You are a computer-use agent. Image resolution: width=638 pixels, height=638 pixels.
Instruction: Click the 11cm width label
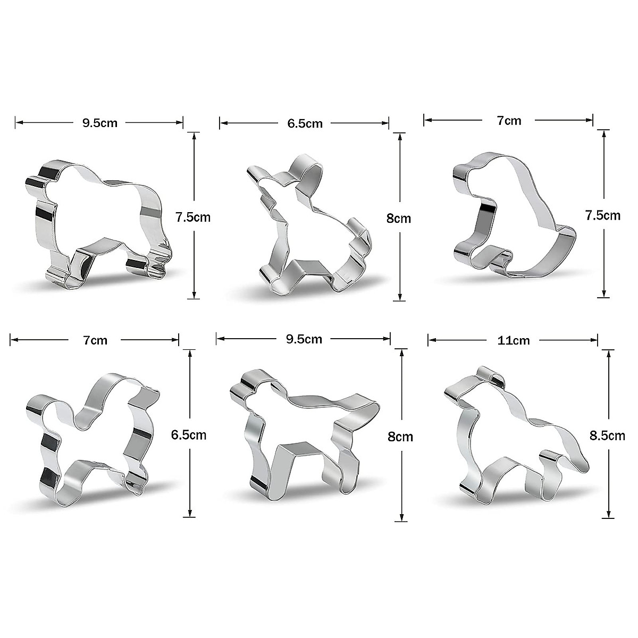coord(514,340)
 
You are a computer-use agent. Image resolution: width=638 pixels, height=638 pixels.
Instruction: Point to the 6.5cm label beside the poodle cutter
coord(189,435)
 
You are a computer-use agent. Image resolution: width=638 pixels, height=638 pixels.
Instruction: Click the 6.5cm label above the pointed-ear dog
coord(305,123)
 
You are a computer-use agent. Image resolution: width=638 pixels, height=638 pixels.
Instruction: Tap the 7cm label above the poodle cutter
coord(95,340)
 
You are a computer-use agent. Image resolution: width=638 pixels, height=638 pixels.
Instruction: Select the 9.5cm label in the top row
coord(99,123)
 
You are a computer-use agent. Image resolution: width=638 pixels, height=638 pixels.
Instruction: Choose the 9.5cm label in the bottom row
coord(304,339)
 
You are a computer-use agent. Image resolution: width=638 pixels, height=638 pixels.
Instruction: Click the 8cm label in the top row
coord(399,218)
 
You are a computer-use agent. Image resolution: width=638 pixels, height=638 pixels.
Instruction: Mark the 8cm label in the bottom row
coord(400,437)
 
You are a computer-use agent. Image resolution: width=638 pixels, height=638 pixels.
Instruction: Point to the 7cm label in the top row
coord(509,121)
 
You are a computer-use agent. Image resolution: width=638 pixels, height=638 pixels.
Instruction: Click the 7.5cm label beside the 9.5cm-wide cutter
coord(193,217)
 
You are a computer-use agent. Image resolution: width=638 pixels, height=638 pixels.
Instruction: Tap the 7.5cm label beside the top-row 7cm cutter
coord(602,215)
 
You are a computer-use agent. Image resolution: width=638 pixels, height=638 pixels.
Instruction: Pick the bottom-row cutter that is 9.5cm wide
coord(303,436)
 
